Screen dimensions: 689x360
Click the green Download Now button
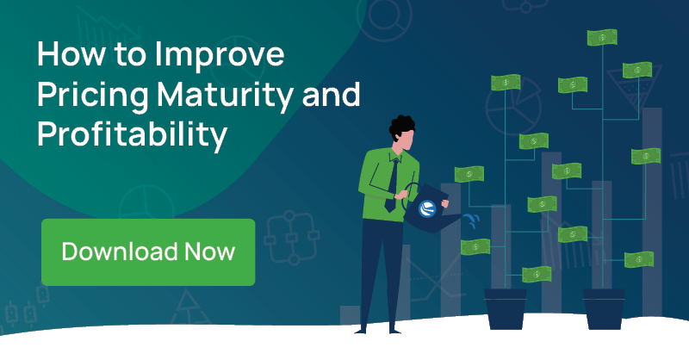(148, 251)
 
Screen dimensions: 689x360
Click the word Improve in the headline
(220, 55)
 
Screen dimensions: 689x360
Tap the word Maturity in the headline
(225, 96)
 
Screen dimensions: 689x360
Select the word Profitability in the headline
(133, 134)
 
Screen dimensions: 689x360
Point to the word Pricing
(93, 96)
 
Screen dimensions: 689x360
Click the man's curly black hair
(401, 126)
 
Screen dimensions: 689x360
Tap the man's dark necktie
(393, 185)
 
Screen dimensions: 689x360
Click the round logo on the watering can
(427, 208)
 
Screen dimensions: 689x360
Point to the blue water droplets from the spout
(472, 220)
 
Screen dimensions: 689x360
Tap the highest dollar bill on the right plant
(602, 37)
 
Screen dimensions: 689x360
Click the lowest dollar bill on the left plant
(537, 275)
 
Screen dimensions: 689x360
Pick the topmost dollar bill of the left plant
(506, 83)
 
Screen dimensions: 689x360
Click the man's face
(407, 140)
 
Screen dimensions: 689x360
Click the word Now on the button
(209, 251)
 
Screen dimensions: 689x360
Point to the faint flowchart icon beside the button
(291, 238)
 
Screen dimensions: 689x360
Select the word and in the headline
(332, 95)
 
